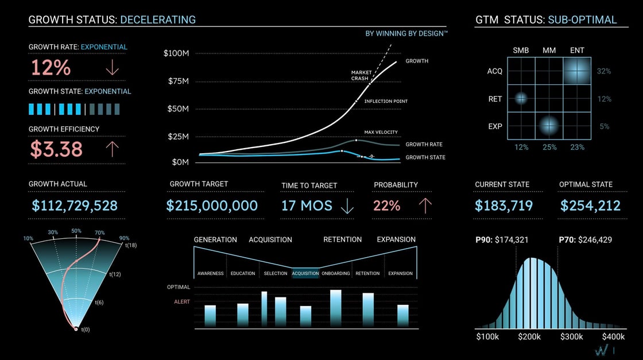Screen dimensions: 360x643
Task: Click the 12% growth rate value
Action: tap(51, 68)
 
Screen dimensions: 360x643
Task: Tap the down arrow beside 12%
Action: tap(112, 68)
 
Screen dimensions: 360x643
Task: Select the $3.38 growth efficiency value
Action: tap(56, 149)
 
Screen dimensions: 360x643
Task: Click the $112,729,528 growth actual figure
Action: tap(75, 206)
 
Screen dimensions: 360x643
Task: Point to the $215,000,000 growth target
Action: tap(212, 206)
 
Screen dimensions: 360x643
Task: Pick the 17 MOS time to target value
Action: tap(307, 206)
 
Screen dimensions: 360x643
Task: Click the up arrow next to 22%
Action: tap(425, 206)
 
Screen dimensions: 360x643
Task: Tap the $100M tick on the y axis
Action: tap(176, 53)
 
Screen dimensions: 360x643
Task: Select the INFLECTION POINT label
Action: tap(386, 102)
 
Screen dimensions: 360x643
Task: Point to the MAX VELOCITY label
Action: tap(381, 133)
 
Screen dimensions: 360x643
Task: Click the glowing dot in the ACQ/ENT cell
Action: tap(577, 71)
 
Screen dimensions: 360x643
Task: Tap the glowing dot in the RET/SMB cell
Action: tap(521, 98)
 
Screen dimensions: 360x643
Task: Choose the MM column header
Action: tap(549, 51)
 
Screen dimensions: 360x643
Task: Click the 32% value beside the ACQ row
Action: tap(604, 71)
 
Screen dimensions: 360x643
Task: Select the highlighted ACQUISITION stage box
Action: tap(305, 273)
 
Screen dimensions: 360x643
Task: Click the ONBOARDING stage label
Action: tap(336, 273)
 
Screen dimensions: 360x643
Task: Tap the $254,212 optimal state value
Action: tap(590, 206)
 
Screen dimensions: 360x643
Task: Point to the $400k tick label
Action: tap(613, 336)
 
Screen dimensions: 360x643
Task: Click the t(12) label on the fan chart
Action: tap(115, 274)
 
